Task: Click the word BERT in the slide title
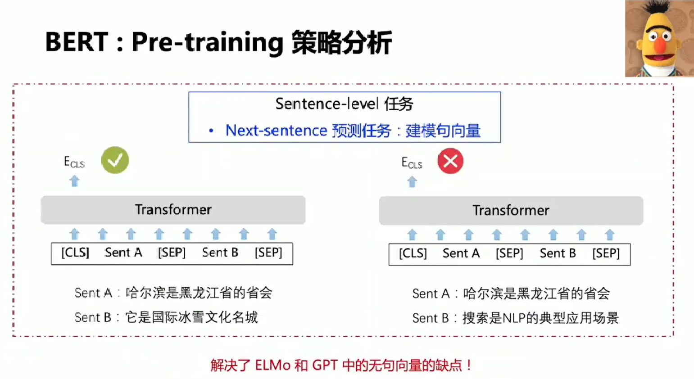coord(77,42)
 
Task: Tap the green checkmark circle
coord(115,160)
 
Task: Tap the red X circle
coord(450,161)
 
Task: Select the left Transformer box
coord(173,210)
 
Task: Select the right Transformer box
coord(511,211)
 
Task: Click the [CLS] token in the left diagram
coord(75,253)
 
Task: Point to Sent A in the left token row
coord(123,253)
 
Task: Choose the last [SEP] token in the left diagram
coord(268,253)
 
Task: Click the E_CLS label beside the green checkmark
coord(74,162)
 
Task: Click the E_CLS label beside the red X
coord(412,163)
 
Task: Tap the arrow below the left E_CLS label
coord(74,181)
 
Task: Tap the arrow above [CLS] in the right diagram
coord(412,235)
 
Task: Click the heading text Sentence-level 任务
coord(344,104)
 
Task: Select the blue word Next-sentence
coord(276,131)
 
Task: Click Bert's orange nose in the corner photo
coord(659,45)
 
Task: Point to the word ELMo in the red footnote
coord(272,365)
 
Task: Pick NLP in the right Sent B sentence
coord(513,318)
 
